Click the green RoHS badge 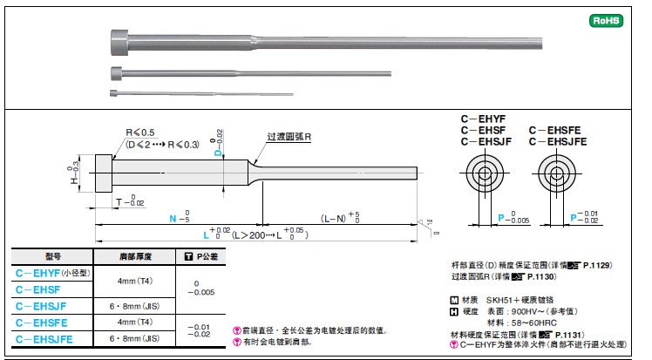[x=607, y=19]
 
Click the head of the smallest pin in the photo [x=114, y=92]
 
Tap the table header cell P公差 [x=201, y=256]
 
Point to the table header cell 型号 [x=52, y=256]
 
